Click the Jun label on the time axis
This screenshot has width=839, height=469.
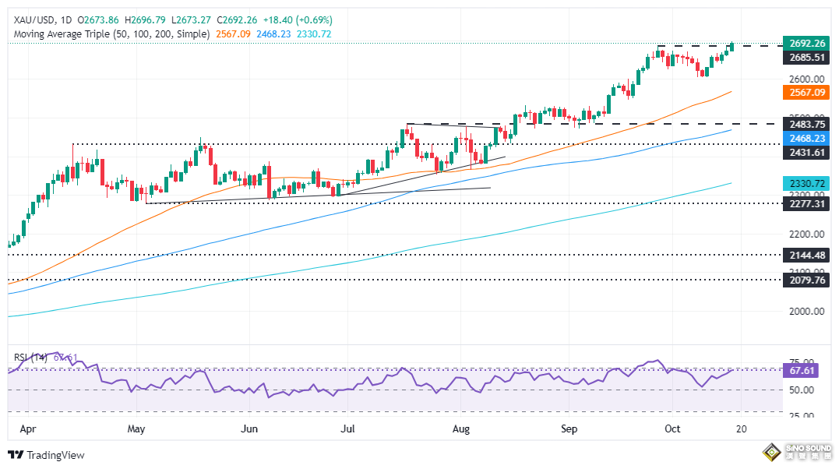250,428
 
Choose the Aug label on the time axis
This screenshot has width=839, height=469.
461,428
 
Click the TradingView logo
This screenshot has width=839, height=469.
46,455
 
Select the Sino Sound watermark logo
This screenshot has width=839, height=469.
794,453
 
